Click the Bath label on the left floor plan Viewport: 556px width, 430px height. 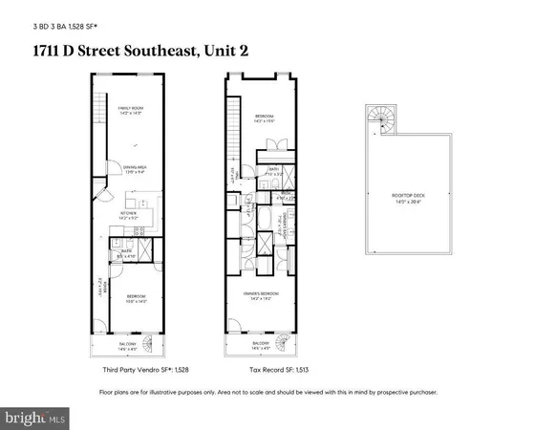tap(125, 253)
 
